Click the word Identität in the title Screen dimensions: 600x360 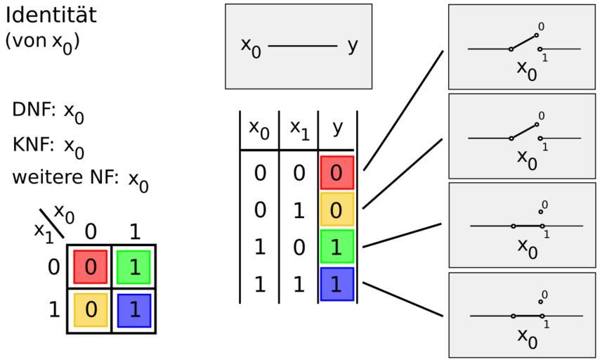51,15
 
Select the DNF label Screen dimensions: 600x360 34,110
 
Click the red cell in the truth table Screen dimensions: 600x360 337,173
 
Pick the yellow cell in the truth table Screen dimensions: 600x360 337,210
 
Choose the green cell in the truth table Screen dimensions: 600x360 337,247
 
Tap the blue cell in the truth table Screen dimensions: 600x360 337,284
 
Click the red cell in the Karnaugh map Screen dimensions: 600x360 91,267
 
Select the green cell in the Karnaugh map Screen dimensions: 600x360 133,267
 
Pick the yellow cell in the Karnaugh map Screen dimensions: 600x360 91,310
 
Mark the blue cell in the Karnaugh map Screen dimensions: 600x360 134,310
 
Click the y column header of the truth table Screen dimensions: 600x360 337,128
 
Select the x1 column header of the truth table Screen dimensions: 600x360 299,129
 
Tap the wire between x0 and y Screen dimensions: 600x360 303,46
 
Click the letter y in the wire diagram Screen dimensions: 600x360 353,46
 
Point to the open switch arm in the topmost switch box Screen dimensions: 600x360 523,41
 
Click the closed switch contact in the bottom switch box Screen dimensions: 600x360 528,316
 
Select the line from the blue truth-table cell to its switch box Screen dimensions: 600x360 403,300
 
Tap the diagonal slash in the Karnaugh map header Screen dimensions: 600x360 52,224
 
